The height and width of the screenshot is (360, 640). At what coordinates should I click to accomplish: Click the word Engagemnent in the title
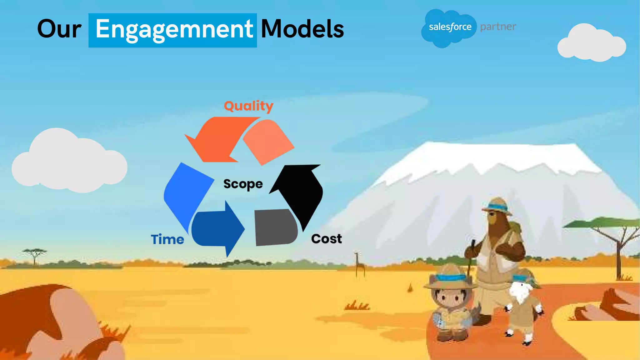click(174, 30)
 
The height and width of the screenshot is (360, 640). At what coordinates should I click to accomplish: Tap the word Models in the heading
click(302, 29)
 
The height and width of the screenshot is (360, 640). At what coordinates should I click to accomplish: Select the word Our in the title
click(59, 29)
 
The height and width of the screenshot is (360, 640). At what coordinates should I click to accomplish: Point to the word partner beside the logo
click(498, 27)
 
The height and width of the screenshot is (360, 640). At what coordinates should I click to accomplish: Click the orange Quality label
click(248, 106)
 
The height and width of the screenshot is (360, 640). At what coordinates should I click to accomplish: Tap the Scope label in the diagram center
click(243, 184)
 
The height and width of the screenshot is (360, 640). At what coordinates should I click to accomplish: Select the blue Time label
click(167, 239)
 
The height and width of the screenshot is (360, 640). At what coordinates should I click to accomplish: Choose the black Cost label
click(326, 239)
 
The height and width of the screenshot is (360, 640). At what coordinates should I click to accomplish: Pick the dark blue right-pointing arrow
click(219, 228)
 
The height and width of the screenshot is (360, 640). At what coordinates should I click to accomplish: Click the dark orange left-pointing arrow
click(219, 137)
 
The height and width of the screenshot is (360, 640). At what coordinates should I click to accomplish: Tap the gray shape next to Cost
click(275, 227)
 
